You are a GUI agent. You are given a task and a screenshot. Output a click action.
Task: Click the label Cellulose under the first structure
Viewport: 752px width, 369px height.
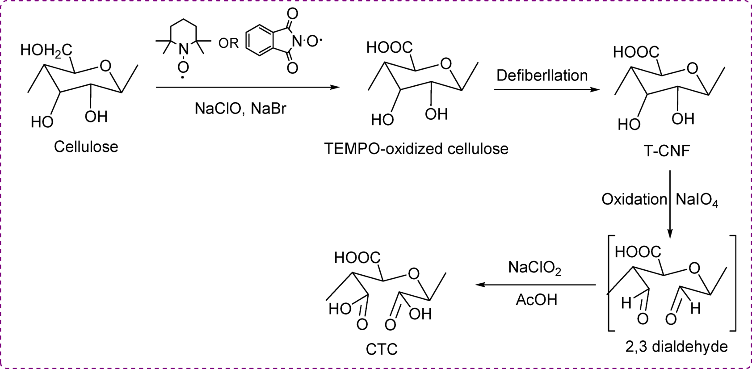point(86,147)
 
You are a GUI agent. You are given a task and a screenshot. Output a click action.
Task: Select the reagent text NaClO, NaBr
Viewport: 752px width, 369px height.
point(240,109)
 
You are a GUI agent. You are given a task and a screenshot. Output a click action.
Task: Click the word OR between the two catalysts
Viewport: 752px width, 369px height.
point(228,43)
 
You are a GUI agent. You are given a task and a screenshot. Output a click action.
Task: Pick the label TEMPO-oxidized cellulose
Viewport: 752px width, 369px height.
point(416,148)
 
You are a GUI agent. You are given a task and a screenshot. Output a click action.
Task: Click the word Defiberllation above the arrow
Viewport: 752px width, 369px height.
point(542,75)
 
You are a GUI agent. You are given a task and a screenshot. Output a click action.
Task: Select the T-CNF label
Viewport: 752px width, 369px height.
point(667,151)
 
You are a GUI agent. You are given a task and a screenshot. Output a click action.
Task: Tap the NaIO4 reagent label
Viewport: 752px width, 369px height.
point(697,200)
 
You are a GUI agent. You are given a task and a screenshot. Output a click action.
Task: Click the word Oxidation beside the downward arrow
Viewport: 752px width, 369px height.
point(634,199)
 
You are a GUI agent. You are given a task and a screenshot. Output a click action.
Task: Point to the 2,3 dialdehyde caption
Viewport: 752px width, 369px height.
point(676,346)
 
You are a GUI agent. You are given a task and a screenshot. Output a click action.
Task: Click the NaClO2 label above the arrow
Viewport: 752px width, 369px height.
point(534,268)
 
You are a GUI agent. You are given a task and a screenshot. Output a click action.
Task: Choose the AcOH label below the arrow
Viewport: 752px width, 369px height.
point(536,299)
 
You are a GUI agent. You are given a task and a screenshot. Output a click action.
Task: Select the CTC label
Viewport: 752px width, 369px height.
point(382,349)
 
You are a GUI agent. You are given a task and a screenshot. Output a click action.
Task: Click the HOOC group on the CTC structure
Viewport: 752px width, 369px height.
point(357,257)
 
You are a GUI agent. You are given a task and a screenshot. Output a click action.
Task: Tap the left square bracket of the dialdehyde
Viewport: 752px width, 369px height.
point(611,283)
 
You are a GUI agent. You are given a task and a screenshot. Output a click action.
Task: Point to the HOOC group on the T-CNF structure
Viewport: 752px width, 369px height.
point(636,52)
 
